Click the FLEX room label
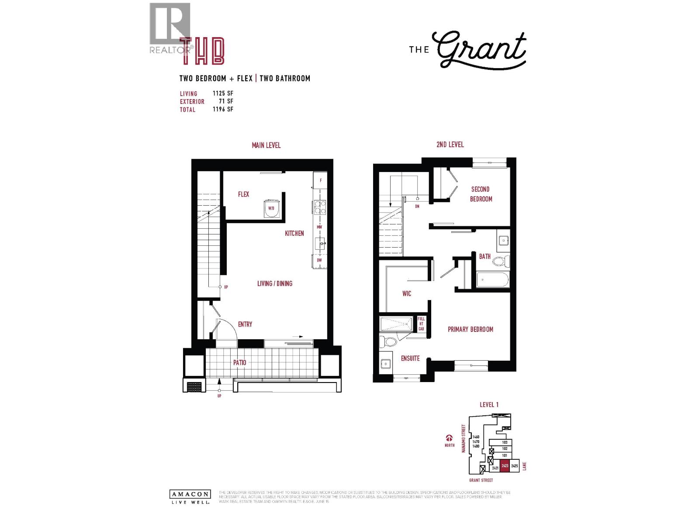point(243,194)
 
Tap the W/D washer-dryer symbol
point(271,208)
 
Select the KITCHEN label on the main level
point(294,234)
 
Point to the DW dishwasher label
point(319,260)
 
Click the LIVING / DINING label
point(274,284)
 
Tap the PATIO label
point(239,363)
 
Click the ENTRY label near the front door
point(245,324)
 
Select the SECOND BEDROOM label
point(481,194)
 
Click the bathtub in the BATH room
point(492,279)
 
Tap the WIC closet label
point(406,294)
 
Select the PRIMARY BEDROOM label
point(470,330)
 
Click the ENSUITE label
point(410,359)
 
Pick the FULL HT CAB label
point(421,324)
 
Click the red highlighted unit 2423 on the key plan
point(505,466)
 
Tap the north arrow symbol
point(449,438)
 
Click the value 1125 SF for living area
point(223,93)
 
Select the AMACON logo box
point(190,494)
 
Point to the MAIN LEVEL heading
point(266,145)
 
